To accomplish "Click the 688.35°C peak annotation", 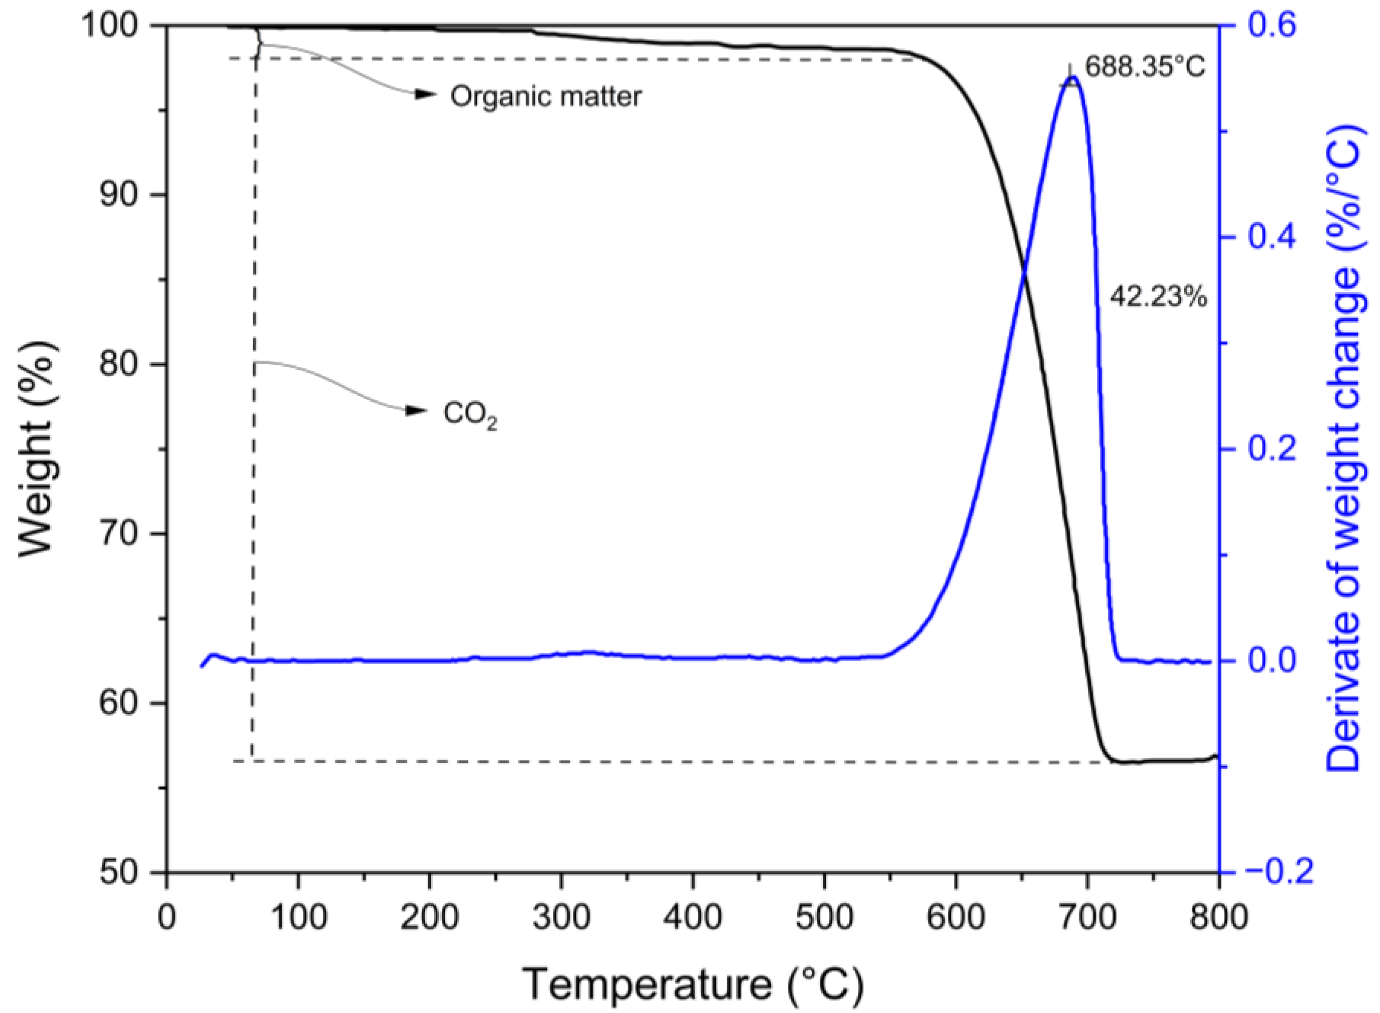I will tap(1145, 67).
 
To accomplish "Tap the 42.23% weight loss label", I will tap(1158, 297).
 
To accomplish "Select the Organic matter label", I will tap(546, 96).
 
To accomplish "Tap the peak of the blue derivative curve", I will tap(1072, 77).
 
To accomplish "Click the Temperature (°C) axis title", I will tap(693, 984).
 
